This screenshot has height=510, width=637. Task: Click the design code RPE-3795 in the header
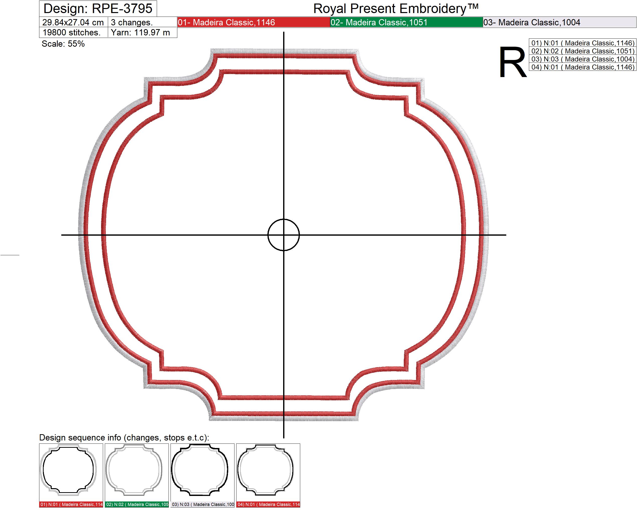click(122, 9)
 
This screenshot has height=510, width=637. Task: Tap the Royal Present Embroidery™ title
click(396, 9)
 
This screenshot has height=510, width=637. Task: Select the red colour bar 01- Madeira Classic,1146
click(254, 22)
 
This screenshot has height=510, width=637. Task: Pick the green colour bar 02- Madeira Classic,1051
click(407, 22)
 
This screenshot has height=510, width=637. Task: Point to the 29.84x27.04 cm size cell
click(73, 22)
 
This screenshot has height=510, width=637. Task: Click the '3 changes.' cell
click(143, 22)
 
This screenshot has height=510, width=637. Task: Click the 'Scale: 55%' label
click(63, 44)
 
